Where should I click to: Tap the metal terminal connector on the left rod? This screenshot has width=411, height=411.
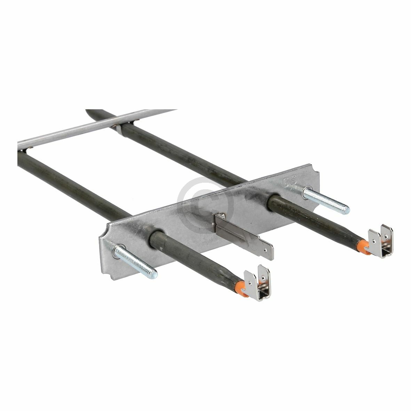(x=260, y=286)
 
